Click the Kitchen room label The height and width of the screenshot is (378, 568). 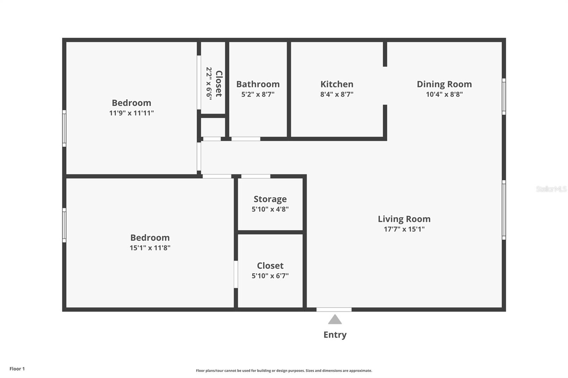337,84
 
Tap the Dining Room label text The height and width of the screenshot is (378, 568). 444,84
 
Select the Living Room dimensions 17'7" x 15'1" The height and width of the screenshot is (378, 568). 404,229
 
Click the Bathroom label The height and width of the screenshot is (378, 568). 258,84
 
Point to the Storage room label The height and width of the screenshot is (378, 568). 270,199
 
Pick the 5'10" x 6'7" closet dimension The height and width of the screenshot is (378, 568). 270,276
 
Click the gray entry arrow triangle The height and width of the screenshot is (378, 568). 335,319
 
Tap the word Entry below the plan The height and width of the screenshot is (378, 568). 335,335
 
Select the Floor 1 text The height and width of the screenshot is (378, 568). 17,369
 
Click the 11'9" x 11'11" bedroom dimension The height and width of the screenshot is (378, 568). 131,113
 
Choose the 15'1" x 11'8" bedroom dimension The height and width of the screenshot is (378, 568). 150,248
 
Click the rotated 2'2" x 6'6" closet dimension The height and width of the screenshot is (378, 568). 209,84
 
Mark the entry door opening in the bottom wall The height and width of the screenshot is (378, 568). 334,310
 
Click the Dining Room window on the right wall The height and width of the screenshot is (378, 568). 504,96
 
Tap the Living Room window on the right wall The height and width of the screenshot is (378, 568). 504,210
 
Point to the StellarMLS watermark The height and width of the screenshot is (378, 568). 551,189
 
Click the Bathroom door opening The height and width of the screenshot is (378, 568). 246,139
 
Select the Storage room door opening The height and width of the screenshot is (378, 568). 256,176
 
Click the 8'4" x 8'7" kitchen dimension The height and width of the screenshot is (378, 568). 337,94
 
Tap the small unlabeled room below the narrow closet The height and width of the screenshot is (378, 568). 213,127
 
